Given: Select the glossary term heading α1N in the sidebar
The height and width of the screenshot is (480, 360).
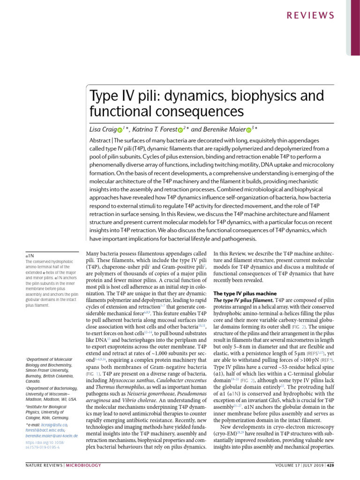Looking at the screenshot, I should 29,256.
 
